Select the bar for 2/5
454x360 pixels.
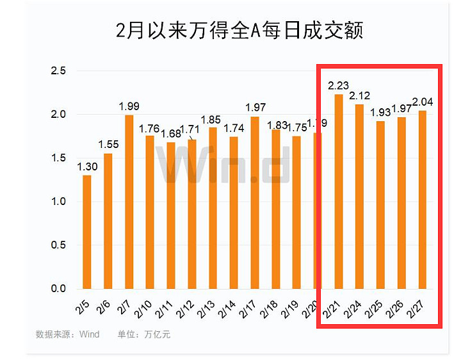click(87, 232)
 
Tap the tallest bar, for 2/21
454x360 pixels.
click(339, 192)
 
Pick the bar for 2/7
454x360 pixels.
click(129, 202)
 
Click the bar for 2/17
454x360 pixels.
click(254, 202)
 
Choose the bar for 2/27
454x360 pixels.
click(423, 200)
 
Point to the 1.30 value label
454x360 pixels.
click(87, 167)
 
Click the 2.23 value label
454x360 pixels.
click(339, 86)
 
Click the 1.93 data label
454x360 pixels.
click(380, 112)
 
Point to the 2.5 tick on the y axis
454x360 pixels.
click(58, 70)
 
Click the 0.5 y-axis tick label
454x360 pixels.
click(58, 245)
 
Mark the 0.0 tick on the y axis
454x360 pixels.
click(58, 289)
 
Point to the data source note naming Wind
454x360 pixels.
click(67, 334)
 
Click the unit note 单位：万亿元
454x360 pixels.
click(144, 334)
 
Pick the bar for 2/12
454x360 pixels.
click(191, 214)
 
